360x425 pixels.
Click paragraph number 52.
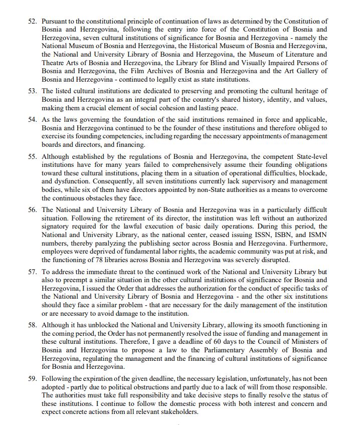pyautogui.click(x=33, y=22)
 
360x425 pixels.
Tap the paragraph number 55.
pyautogui.click(x=33, y=157)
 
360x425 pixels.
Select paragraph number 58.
pyautogui.click(x=33, y=325)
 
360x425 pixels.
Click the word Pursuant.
pyautogui.click(x=56, y=22)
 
